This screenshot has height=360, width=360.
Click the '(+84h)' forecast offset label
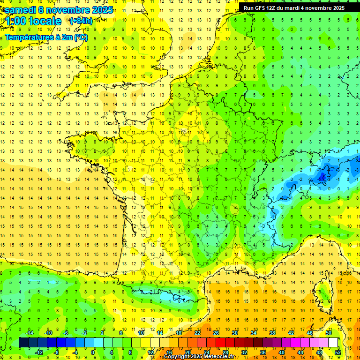pyautogui.click(x=81, y=21)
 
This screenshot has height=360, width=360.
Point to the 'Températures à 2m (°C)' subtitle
pyautogui.click(x=46, y=37)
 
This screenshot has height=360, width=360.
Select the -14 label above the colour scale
pyautogui.click(x=29, y=333)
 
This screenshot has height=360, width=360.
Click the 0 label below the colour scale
pyautogui.click(x=92, y=352)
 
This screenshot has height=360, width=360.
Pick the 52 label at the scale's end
pyautogui.click(x=337, y=352)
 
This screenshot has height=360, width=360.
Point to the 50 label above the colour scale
pyautogui.click(x=328, y=333)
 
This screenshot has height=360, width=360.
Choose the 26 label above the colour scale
pyautogui.click(x=216, y=333)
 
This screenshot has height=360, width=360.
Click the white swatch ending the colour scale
pyautogui.click(x=333, y=342)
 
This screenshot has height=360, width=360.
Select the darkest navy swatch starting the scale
pyautogui.click(x=23, y=342)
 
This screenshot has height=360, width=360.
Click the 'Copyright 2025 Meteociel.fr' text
pyautogui.click(x=199, y=357)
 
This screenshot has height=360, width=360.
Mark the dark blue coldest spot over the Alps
pyautogui.click(x=322, y=177)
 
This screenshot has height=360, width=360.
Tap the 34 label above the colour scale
pyautogui.click(x=254, y=333)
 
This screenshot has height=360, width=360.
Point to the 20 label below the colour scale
pyautogui.click(x=188, y=352)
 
